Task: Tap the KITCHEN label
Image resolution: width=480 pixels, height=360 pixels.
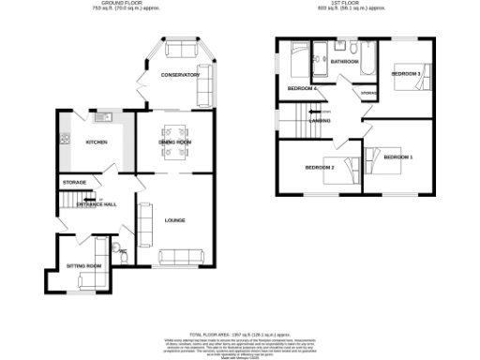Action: tap(96, 142)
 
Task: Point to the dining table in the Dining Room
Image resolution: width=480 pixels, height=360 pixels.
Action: tap(174, 142)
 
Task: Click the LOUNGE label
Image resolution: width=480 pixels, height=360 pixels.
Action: tap(175, 220)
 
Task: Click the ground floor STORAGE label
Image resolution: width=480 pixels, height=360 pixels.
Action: tap(74, 181)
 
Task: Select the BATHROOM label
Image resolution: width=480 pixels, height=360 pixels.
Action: tap(345, 62)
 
